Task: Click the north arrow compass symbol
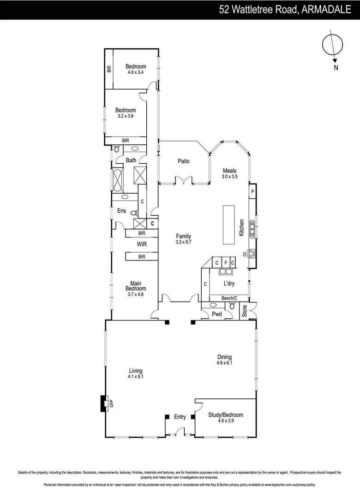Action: [x=332, y=45]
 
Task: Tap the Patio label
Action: [x=184, y=161]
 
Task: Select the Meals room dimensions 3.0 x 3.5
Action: [x=229, y=177]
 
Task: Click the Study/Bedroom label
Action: [x=226, y=415]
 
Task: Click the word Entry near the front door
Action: [x=180, y=417]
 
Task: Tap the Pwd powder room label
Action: [x=216, y=314]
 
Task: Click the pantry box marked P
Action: [x=252, y=191]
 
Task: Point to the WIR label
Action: [x=142, y=244]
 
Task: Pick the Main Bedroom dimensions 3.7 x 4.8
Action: [x=135, y=294]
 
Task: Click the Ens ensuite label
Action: [x=121, y=211]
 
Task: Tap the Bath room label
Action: [x=131, y=160]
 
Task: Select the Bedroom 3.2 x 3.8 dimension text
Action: [x=126, y=116]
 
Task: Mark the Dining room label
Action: [x=224, y=357]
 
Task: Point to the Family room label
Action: [x=183, y=236]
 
